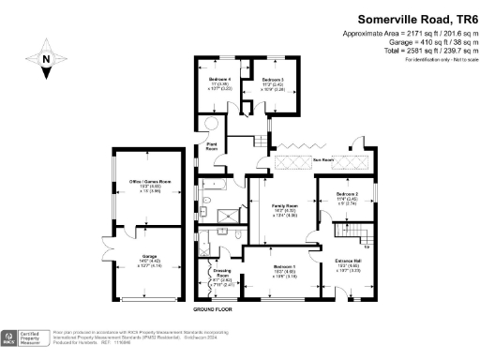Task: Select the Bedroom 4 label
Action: click(x=220, y=80)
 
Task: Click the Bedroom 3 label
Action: click(x=273, y=80)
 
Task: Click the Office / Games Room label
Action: click(x=142, y=180)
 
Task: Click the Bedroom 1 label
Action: click(x=284, y=266)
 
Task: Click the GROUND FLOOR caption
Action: click(x=214, y=308)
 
